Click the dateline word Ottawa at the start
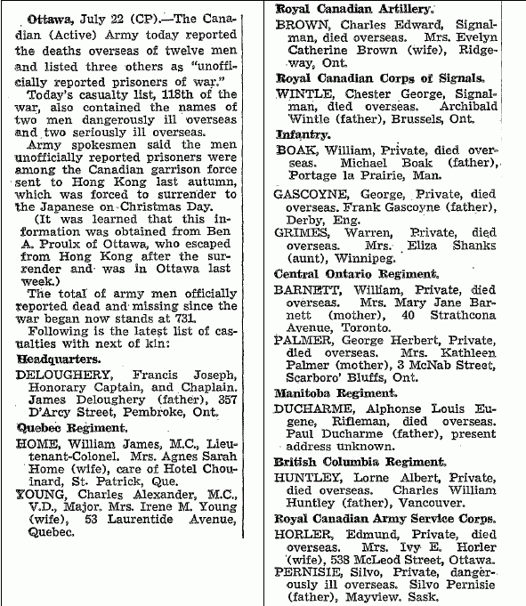(49, 18)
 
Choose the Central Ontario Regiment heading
(356, 274)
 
